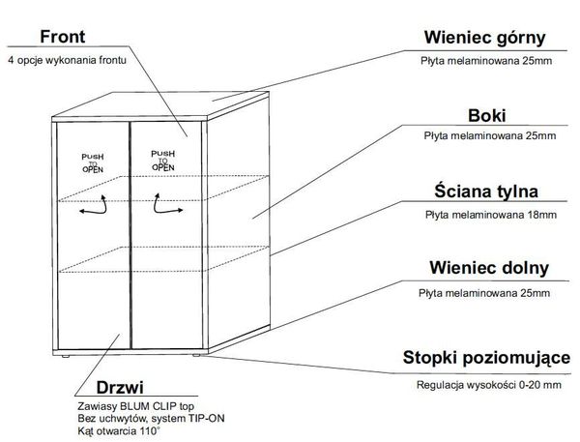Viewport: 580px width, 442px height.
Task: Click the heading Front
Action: [x=65, y=38]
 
